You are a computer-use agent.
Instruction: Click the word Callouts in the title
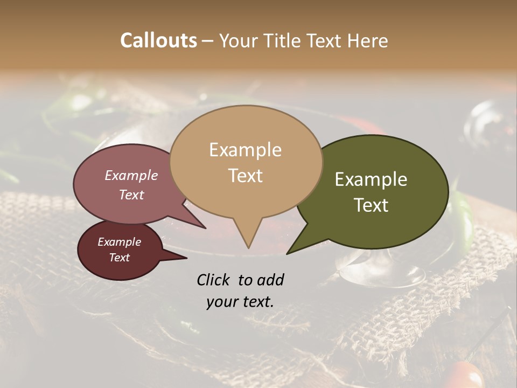[x=158, y=40]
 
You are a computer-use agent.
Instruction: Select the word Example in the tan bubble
[x=245, y=150]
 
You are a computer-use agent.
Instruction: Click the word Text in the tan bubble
[x=245, y=176]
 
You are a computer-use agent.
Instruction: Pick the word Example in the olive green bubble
[x=371, y=179]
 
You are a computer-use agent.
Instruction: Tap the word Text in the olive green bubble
[x=371, y=205]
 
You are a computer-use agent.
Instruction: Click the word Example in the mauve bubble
[x=131, y=175]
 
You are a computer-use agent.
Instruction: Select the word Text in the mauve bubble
[x=131, y=195]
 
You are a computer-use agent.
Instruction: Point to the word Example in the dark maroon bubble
[x=119, y=242]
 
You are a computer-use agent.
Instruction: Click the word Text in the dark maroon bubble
[x=119, y=258]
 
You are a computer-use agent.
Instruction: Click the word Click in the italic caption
[x=214, y=280]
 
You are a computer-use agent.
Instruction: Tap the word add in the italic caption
[x=270, y=280]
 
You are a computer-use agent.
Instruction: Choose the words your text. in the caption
[x=240, y=302]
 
